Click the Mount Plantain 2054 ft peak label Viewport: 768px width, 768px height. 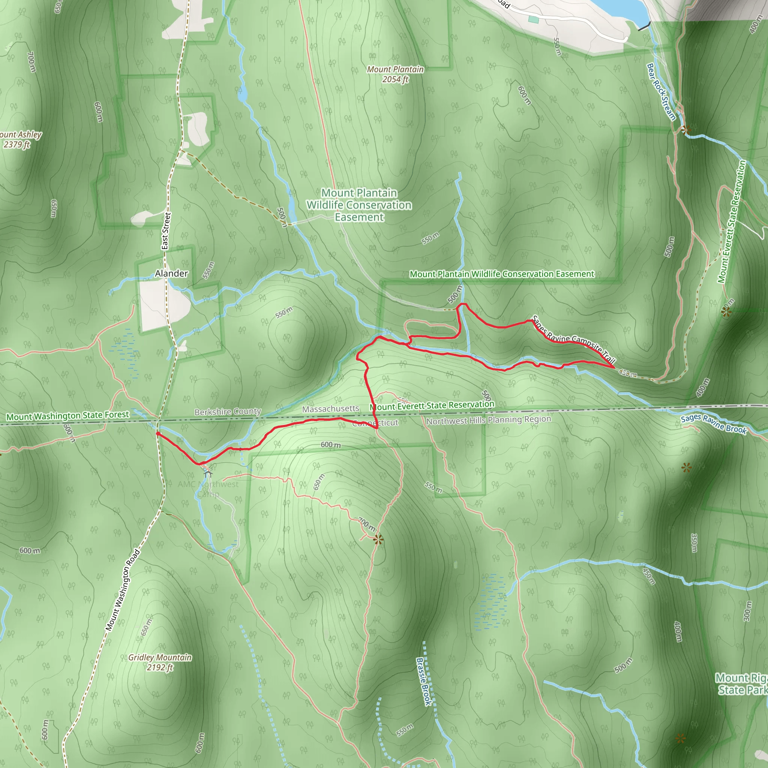click(x=395, y=74)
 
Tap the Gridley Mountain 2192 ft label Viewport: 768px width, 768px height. click(x=160, y=662)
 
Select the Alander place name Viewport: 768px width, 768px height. click(x=171, y=273)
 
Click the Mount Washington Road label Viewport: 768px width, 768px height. click(x=123, y=590)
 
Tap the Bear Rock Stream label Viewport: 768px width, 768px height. click(x=661, y=91)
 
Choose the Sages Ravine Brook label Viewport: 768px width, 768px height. click(x=713, y=424)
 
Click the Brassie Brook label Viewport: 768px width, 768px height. click(x=424, y=681)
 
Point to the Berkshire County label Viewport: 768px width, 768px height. click(x=227, y=412)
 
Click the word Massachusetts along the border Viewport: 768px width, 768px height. click(x=330, y=409)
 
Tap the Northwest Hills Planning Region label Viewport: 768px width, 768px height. click(x=489, y=420)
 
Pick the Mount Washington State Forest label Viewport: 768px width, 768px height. click(x=67, y=416)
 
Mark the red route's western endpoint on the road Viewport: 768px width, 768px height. click(x=158, y=434)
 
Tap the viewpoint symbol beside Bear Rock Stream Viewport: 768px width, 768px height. click(x=685, y=130)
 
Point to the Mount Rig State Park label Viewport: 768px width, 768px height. click(x=741, y=684)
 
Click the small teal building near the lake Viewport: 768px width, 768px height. click(x=534, y=19)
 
